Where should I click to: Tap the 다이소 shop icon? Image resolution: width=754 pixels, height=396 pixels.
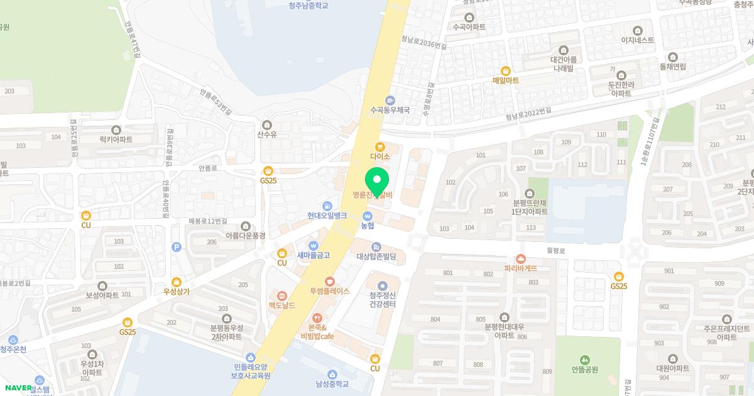[x=380, y=147]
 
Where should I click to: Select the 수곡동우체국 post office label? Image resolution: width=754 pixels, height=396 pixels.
[x=390, y=109]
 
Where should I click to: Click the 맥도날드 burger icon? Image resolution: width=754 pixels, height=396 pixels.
[x=282, y=295]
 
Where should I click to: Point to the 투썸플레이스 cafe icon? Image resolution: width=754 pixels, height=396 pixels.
[x=329, y=282]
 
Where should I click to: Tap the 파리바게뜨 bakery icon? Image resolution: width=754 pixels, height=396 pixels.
[x=520, y=258]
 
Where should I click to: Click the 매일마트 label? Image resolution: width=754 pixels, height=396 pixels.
[x=505, y=80]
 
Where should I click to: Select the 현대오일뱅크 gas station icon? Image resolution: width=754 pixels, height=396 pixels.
[x=327, y=206]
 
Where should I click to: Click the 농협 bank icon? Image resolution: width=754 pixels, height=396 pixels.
[x=368, y=216]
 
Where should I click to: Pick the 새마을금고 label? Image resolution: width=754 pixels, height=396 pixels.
[x=313, y=255]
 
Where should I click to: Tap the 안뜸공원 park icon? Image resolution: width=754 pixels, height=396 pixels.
[x=585, y=360]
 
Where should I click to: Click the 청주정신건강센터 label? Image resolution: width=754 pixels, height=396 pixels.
[x=382, y=300]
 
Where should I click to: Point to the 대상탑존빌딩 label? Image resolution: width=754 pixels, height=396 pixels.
[x=376, y=256]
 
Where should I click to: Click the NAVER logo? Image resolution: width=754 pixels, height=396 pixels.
[x=16, y=388]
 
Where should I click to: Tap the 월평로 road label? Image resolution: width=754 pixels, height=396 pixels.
[x=556, y=250]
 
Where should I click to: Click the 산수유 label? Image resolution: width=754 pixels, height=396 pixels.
[x=268, y=134]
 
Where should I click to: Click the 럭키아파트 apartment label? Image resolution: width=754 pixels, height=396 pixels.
[x=116, y=140]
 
